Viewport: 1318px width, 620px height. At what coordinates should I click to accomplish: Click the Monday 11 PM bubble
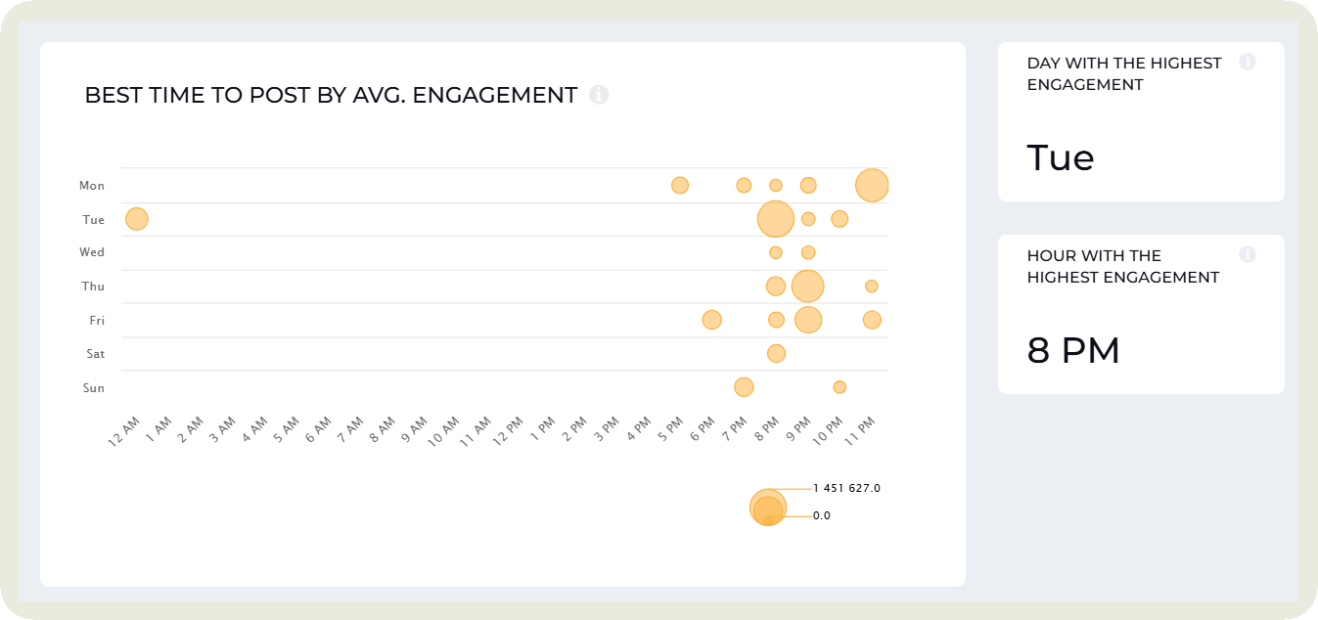click(872, 185)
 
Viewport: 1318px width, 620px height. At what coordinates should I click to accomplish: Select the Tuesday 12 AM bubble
click(137, 219)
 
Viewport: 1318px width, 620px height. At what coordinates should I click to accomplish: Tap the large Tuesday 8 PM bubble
click(775, 219)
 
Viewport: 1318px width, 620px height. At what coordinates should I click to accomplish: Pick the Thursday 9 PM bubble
click(807, 287)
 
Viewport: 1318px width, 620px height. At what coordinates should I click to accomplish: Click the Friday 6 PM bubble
click(711, 320)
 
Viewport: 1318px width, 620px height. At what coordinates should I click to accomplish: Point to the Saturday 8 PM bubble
click(776, 353)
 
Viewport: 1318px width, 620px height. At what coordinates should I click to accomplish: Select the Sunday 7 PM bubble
click(744, 387)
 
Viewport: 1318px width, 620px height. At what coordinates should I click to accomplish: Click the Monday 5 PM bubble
click(680, 185)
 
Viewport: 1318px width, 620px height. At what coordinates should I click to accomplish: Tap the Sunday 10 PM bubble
click(840, 387)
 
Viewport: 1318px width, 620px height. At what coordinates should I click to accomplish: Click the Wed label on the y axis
click(92, 252)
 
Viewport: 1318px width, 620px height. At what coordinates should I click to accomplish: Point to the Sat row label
click(95, 354)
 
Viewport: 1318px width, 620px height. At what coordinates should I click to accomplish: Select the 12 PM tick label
click(509, 430)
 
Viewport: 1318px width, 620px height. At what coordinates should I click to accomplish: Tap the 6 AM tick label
click(317, 430)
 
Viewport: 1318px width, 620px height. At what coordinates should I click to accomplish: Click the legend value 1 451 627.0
click(847, 488)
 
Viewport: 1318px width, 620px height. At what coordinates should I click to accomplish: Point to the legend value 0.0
click(822, 515)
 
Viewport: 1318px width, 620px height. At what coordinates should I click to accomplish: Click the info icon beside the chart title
click(599, 95)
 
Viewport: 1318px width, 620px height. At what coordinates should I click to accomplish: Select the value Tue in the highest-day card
click(1061, 157)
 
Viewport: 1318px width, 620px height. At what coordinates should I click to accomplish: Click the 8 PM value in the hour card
click(1073, 350)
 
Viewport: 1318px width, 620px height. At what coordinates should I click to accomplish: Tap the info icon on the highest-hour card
click(1248, 254)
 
